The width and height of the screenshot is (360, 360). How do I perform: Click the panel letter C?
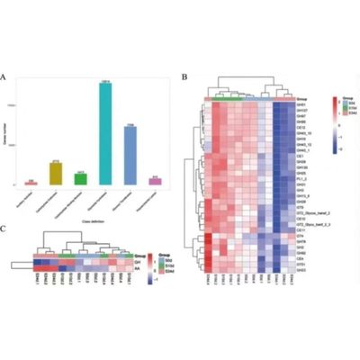[x=10, y=227]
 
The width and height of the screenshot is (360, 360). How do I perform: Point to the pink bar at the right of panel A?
[x=155, y=181]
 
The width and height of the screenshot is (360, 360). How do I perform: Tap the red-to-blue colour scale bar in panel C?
[x=149, y=264]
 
